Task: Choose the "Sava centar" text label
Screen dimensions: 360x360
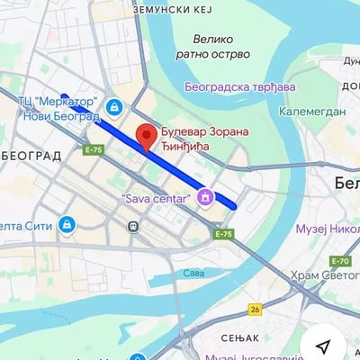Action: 155,197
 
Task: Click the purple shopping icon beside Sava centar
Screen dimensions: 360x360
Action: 206,195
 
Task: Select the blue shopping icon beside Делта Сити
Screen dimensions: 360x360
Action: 67,224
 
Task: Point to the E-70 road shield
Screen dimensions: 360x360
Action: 339,261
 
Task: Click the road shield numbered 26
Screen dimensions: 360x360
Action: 255,309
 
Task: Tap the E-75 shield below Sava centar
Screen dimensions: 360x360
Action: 224,234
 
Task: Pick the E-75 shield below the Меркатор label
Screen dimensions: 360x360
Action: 94,149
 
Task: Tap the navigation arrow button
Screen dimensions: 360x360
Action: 325,346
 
